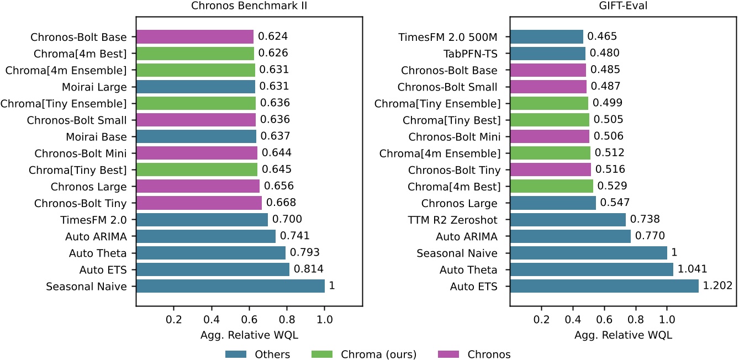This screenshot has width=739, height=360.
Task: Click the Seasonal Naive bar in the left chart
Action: pos(230,286)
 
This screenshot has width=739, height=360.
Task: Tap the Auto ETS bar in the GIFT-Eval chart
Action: pos(604,286)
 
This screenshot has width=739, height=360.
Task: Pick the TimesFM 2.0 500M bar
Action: pos(547,37)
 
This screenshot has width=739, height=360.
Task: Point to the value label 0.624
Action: pos(273,37)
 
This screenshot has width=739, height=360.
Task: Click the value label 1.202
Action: pos(717,286)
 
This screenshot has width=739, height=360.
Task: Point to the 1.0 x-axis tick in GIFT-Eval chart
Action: pos(667,320)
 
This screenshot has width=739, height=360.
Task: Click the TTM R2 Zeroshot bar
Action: pos(568,220)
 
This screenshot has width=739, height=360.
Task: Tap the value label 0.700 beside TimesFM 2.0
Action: pos(287,220)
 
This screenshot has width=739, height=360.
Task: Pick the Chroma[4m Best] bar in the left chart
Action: pos(195,54)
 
